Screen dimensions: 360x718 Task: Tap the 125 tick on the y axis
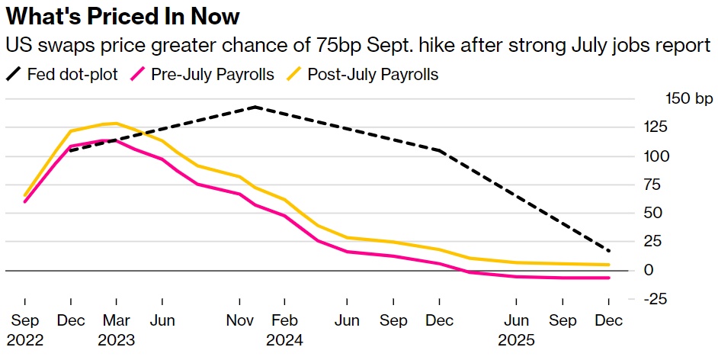click(x=656, y=128)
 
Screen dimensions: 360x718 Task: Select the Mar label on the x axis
click(x=116, y=321)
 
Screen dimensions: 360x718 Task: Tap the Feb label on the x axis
click(x=284, y=321)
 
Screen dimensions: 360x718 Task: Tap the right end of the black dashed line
click(x=609, y=251)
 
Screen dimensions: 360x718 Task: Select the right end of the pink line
click(x=609, y=278)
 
